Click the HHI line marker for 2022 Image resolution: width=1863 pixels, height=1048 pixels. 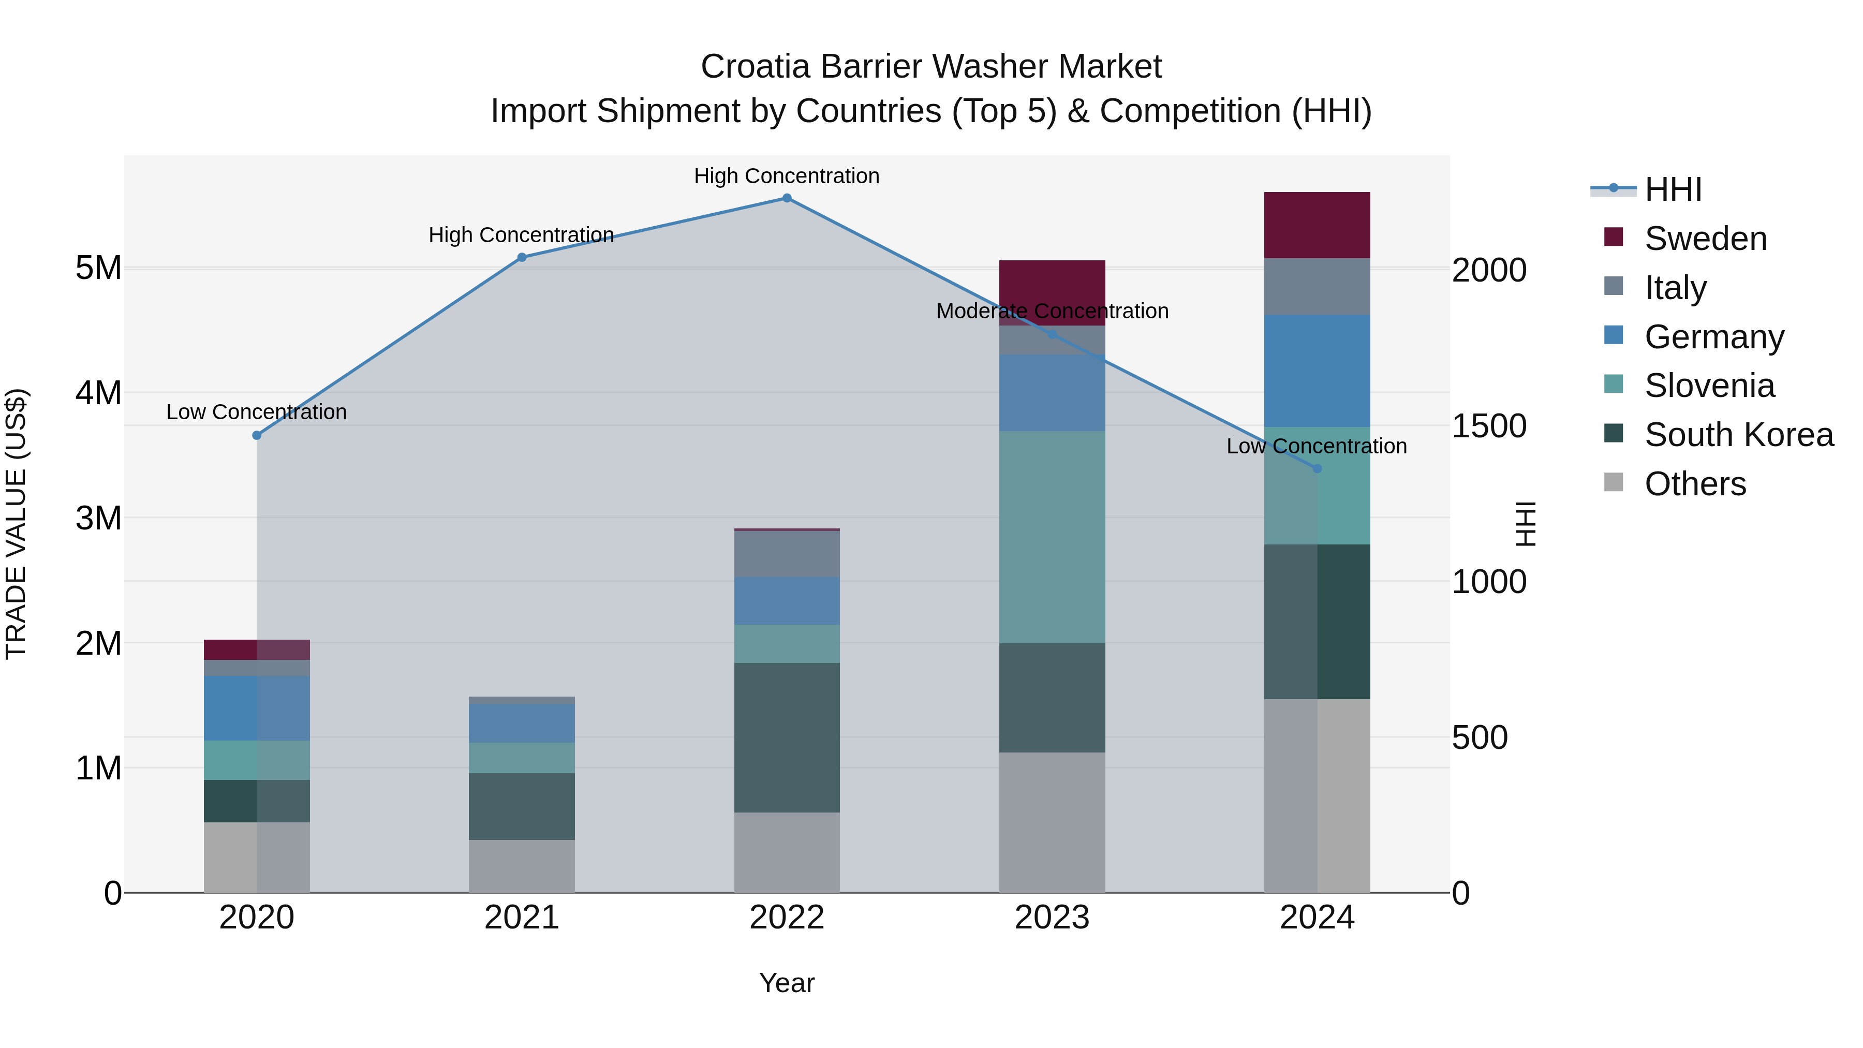tap(787, 198)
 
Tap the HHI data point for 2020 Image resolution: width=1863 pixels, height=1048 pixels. tap(257, 435)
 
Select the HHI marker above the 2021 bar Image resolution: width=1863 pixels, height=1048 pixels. tap(522, 258)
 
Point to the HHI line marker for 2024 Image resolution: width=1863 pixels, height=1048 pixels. tap(1317, 469)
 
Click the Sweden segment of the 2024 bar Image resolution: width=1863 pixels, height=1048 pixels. tap(1317, 225)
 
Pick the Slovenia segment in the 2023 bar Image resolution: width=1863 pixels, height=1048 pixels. tap(1052, 537)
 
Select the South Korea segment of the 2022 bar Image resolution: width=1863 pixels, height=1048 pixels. tap(787, 737)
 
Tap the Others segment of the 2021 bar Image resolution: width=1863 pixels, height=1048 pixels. tap(522, 866)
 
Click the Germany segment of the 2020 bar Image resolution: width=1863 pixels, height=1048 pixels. tap(257, 708)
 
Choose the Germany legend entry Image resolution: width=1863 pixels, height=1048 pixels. tap(1714, 337)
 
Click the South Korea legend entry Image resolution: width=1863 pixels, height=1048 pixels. tap(1739, 435)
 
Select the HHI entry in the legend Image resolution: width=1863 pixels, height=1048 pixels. tap(1673, 189)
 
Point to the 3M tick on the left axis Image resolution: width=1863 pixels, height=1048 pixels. tap(99, 518)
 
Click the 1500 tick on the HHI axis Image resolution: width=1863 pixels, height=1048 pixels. tap(1489, 426)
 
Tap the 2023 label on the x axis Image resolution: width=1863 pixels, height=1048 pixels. tap(1052, 918)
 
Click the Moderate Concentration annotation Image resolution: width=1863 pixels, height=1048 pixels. tap(1052, 311)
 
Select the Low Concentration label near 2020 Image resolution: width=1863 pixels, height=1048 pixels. tap(257, 412)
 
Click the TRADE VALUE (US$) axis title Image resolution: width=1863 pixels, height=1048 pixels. tap(17, 524)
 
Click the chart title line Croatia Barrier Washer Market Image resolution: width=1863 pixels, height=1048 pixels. tap(931, 67)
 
